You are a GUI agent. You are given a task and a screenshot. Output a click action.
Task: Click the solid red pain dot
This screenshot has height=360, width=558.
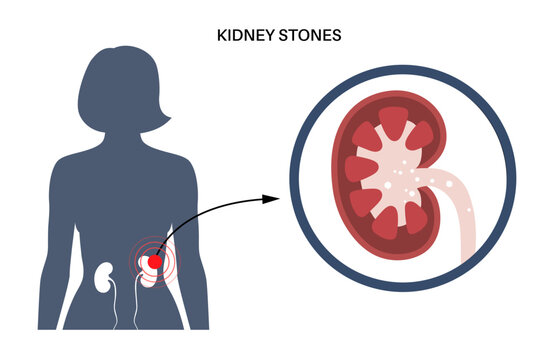pyautogui.click(x=152, y=263)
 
